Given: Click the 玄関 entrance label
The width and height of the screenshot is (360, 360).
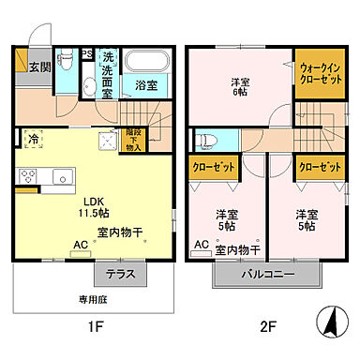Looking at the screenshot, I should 38,67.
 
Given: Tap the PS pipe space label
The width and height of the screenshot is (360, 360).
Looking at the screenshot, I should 86,52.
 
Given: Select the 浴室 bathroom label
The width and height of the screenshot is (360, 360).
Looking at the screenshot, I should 145,85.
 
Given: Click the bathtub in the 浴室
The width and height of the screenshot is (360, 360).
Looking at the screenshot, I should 146,62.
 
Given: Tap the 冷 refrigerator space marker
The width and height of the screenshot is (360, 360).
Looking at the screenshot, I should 34,139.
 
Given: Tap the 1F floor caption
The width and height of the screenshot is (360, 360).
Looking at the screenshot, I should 94,328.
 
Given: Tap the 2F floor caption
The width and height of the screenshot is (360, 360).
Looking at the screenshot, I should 269,328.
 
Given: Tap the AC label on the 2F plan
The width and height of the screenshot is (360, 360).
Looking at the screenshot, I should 201,245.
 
